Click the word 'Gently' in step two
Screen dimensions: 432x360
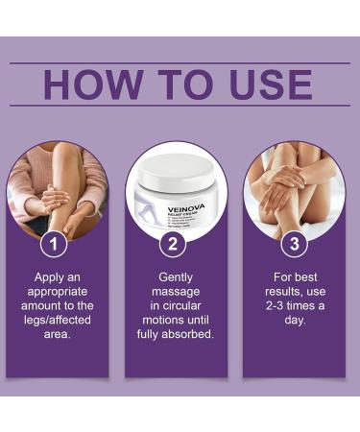pyautogui.click(x=176, y=276)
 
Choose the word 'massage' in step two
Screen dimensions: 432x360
pyautogui.click(x=176, y=292)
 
